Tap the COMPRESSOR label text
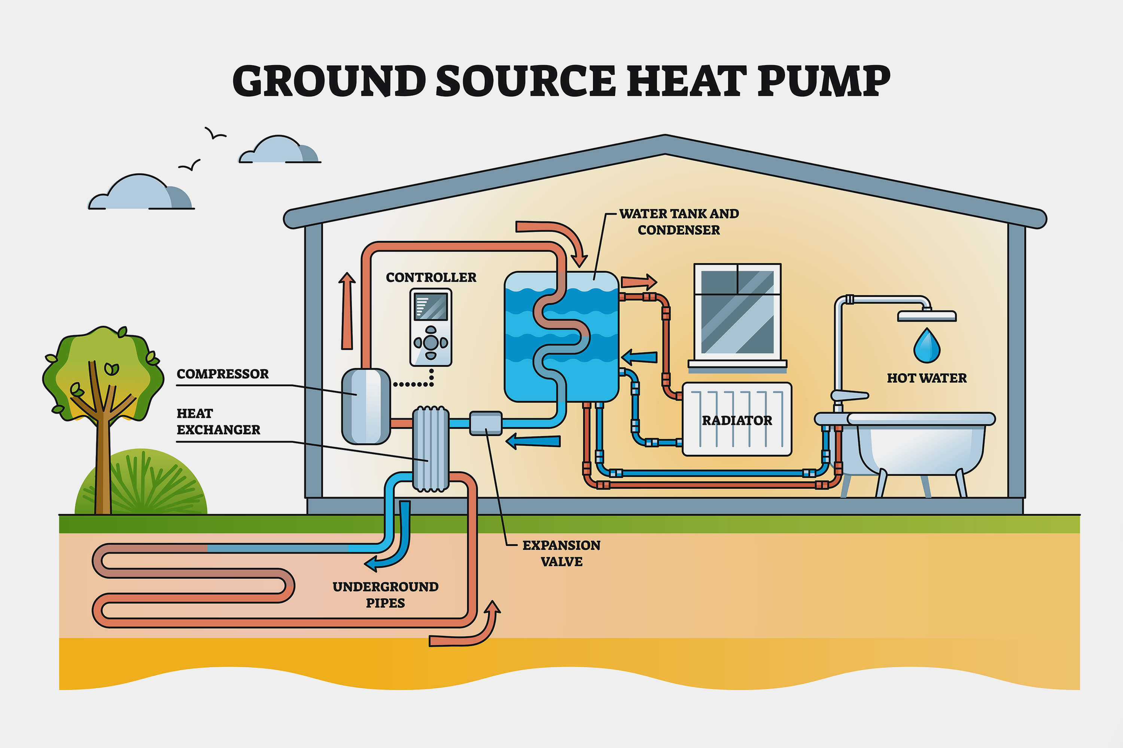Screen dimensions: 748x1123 222,374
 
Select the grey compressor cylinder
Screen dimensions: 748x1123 366,407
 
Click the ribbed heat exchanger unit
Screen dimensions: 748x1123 431,448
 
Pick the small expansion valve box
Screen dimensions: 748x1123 486,423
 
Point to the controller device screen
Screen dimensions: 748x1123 431,306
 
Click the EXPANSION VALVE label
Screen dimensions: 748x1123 561,554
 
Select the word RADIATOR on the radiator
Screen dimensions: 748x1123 737,421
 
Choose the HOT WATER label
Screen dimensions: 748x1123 926,378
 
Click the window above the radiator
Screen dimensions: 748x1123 737,312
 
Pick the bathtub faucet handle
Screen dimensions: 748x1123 849,395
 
